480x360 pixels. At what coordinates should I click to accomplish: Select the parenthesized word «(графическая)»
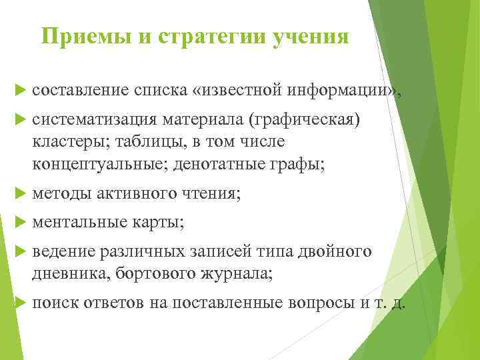304,119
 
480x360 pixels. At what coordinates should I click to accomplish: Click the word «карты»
159,221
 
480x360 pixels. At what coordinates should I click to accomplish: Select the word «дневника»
63,273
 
